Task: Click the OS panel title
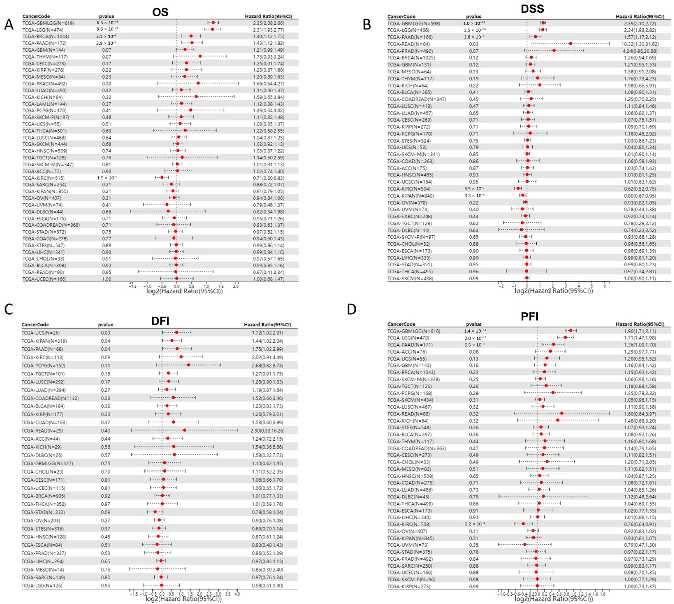(160, 12)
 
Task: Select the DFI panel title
(160, 321)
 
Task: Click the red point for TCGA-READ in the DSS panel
(570, 43)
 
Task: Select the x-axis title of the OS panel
(185, 291)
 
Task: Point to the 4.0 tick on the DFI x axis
(237, 594)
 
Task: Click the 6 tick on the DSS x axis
(605, 286)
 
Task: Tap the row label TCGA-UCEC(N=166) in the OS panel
(44, 279)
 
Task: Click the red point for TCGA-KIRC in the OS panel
(162, 177)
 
